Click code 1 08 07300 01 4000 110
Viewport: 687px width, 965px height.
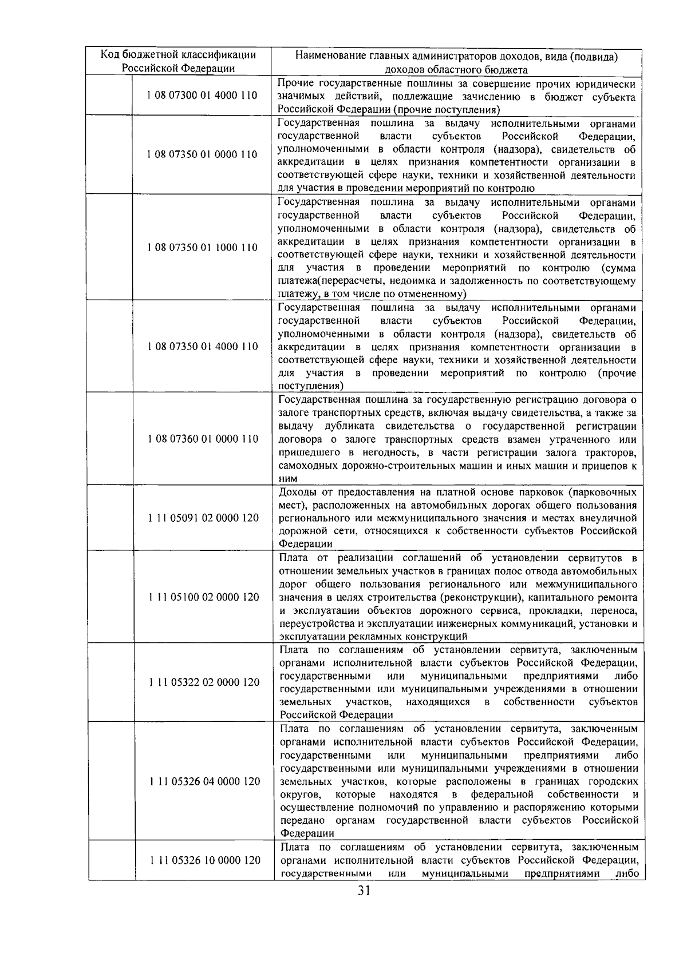[202, 96]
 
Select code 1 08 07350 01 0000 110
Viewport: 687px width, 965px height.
[202, 154]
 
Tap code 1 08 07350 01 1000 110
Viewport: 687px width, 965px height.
[202, 248]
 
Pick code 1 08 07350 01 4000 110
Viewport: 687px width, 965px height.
[202, 347]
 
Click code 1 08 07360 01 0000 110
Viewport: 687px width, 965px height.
[202, 439]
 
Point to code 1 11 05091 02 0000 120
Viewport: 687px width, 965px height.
[203, 518]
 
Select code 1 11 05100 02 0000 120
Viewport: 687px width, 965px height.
[203, 597]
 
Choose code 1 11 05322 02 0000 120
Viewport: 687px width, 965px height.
[203, 682]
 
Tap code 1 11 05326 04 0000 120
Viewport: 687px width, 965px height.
[203, 781]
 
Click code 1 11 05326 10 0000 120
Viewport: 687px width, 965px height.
[203, 860]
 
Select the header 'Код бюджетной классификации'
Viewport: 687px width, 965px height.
[179, 55]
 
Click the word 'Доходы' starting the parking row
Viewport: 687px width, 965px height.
[296, 493]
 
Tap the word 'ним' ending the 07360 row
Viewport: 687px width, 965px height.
[287, 479]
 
